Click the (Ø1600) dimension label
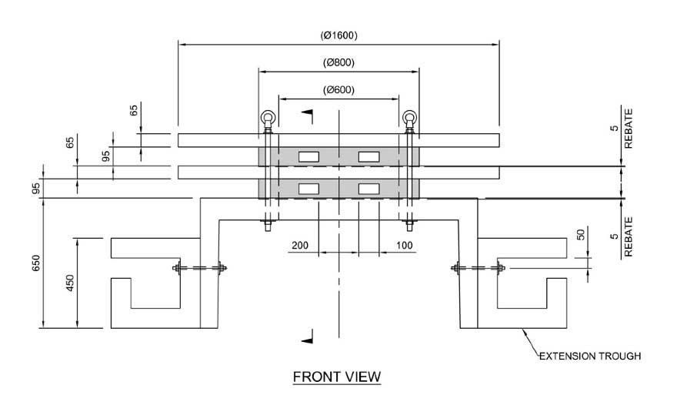click(x=339, y=35)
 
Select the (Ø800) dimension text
click(x=339, y=62)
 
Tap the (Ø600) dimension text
click(x=339, y=89)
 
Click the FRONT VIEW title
click(x=337, y=377)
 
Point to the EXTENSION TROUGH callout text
click(x=589, y=357)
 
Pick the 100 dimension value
click(x=404, y=246)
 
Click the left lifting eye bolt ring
click(x=266, y=118)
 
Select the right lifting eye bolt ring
click(x=409, y=118)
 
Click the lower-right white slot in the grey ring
click(x=369, y=188)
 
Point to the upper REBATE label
click(x=629, y=132)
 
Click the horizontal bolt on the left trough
click(x=199, y=269)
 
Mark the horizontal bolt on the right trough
click(x=478, y=269)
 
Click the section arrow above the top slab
click(x=309, y=115)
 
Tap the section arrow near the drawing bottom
click(x=309, y=336)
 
